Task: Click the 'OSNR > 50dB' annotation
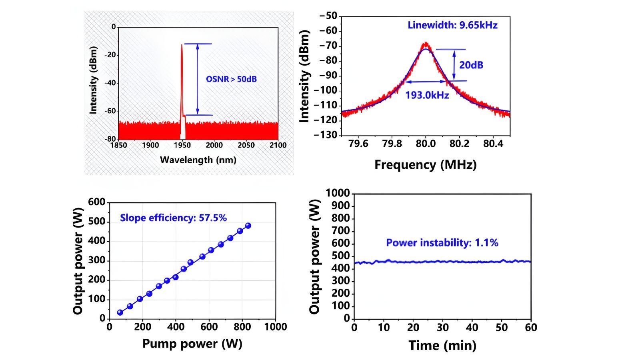click(x=231, y=79)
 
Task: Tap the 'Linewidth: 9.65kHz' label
click(x=452, y=25)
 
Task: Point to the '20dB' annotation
click(x=471, y=65)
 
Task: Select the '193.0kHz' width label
click(x=427, y=95)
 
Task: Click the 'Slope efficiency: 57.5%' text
click(x=173, y=218)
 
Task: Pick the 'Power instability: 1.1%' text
click(x=442, y=243)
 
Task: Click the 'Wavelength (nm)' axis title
click(x=198, y=160)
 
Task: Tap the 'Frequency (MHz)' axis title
click(x=425, y=165)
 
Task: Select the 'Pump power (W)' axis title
click(x=192, y=344)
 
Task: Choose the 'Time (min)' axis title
click(x=442, y=345)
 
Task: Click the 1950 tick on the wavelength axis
click(x=182, y=145)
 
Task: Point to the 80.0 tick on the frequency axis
click(x=425, y=144)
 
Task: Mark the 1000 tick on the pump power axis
click(x=276, y=327)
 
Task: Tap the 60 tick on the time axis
click(x=530, y=328)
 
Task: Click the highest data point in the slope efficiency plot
click(x=248, y=226)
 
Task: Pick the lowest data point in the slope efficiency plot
click(x=120, y=312)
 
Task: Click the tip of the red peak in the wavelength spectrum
click(x=182, y=44)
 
